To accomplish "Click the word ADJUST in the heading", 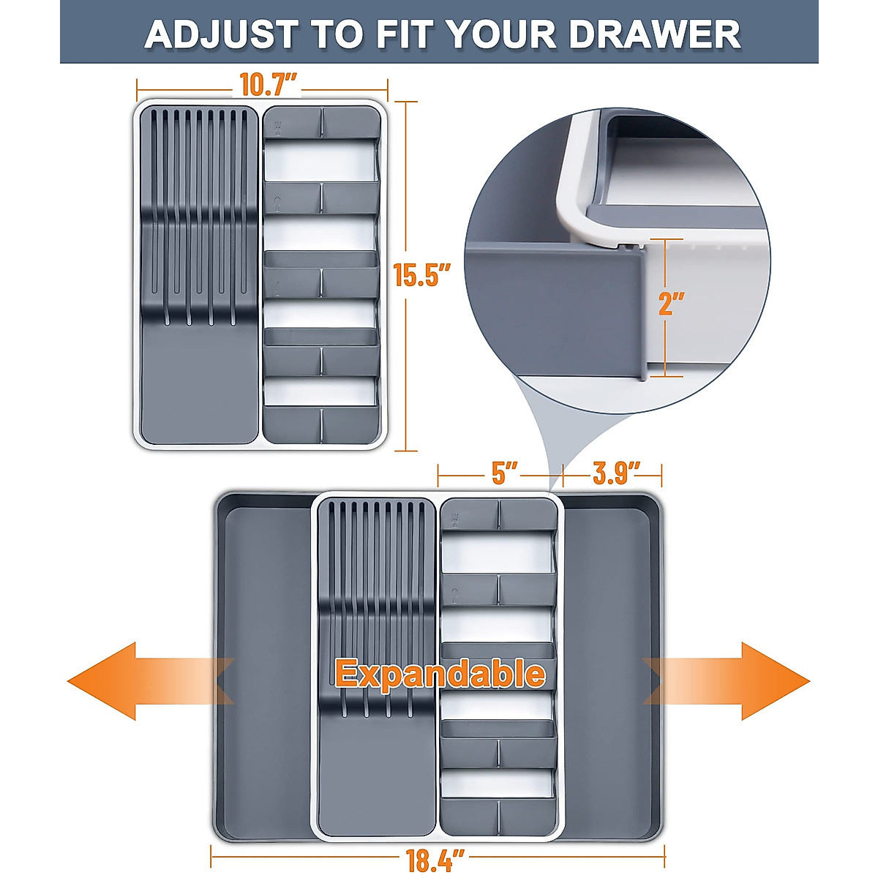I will coord(220,34).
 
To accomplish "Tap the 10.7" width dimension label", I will coord(268,85).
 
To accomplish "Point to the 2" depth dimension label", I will coord(671,303).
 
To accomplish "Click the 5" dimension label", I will coord(504,473).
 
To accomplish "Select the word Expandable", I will coord(440,673).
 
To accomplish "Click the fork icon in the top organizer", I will coord(277,127).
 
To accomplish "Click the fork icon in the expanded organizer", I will coord(455,519).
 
